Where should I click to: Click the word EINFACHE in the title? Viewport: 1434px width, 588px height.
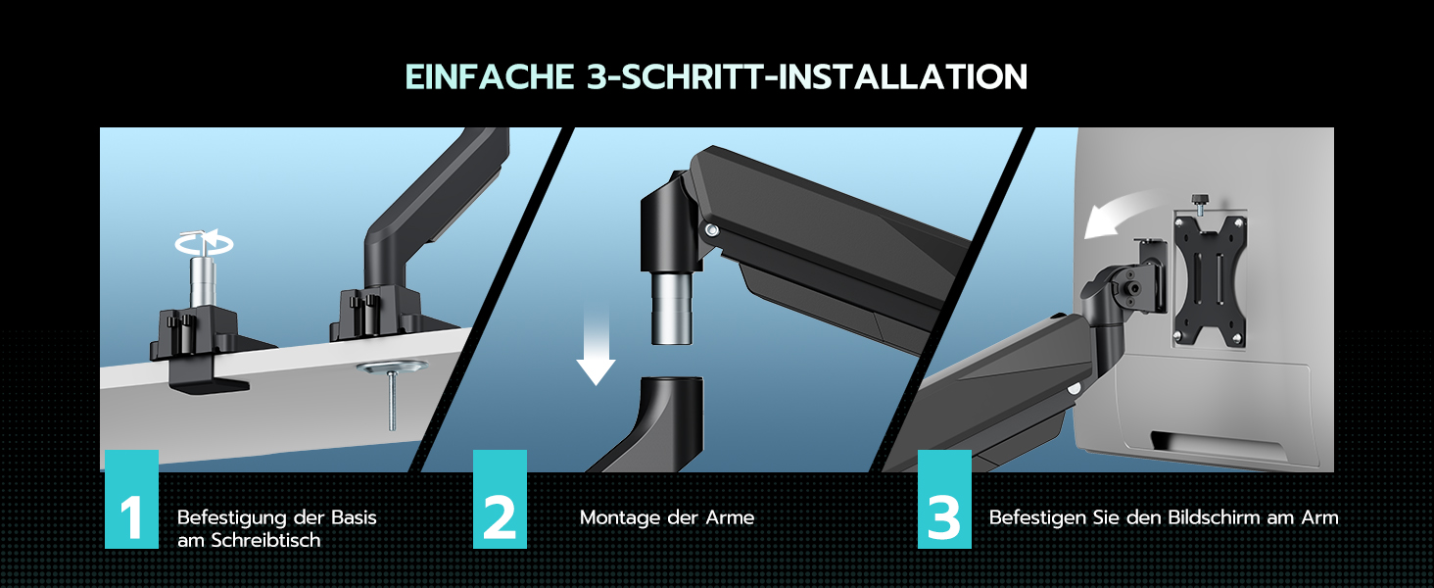(x=490, y=76)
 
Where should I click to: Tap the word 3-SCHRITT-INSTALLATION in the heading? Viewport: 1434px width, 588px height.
(x=807, y=76)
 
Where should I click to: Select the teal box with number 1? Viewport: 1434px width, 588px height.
(x=131, y=499)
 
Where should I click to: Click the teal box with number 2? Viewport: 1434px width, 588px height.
(x=500, y=499)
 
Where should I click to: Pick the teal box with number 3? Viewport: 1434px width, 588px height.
(x=944, y=499)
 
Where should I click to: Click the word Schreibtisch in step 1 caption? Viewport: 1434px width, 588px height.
(x=265, y=540)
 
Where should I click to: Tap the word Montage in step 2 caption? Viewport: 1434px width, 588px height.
(x=619, y=517)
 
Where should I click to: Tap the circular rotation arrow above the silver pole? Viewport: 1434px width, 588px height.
(x=204, y=243)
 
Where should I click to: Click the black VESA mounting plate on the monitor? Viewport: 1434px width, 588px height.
(x=1209, y=280)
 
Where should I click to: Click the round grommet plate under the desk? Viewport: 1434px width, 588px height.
(x=393, y=367)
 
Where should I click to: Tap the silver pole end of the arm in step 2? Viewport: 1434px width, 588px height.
(x=672, y=309)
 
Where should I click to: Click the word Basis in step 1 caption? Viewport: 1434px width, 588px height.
(x=354, y=517)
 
